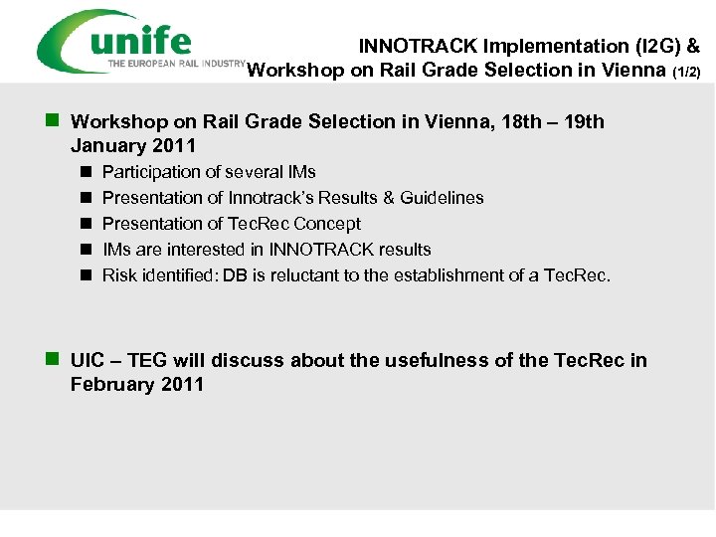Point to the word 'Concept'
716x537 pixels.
pos(328,224)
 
